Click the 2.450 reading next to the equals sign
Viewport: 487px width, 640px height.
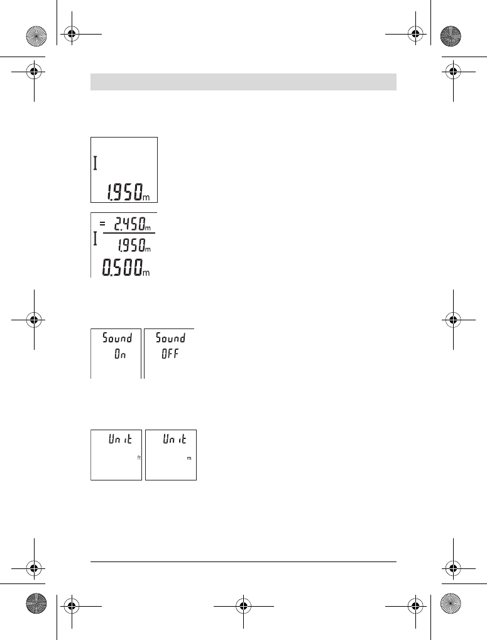130,224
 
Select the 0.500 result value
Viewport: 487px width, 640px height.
122,268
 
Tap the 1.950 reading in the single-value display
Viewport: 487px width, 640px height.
125,192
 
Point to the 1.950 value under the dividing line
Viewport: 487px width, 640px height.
132,246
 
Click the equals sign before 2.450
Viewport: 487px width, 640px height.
102,224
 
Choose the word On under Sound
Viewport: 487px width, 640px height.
120,354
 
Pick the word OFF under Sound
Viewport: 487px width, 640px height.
170,354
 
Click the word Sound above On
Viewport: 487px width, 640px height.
117,338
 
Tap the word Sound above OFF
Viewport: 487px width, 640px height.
170,338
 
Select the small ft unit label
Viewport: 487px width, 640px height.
139,458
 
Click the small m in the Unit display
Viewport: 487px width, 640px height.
189,458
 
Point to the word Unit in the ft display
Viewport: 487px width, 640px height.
120,439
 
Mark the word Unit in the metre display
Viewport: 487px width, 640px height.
174,439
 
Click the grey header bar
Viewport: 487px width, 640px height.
243,82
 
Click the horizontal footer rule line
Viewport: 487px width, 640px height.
243,561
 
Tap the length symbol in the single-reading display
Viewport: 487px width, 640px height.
95,164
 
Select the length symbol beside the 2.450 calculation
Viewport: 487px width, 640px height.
95,239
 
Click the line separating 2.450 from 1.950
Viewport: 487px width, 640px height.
129,233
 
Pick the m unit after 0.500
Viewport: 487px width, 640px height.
146,273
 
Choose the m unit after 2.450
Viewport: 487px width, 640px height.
148,228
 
